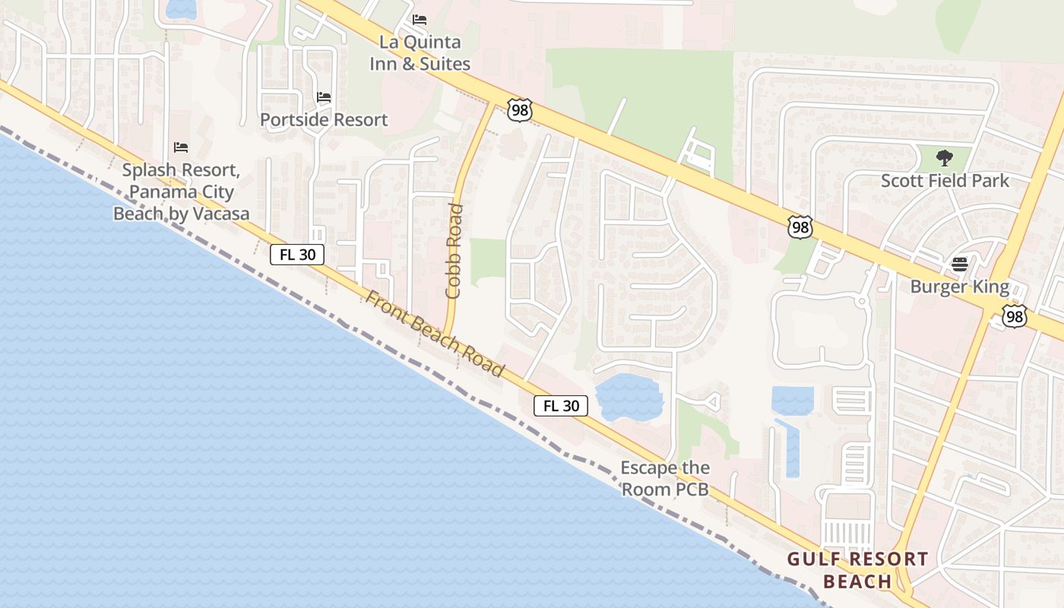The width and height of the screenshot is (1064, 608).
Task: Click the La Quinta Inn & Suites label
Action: coord(420,53)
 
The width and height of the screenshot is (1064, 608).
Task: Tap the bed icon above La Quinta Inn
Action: coord(420,20)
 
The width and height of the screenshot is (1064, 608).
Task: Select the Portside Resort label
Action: coord(324,119)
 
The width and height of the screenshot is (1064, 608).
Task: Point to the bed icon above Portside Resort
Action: coord(324,97)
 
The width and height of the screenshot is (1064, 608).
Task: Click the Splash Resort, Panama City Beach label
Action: coord(181,192)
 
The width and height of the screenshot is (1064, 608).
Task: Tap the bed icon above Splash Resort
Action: coord(181,147)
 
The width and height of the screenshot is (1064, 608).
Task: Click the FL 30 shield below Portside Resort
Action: coord(297,255)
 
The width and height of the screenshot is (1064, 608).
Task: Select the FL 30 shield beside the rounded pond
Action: coord(561,406)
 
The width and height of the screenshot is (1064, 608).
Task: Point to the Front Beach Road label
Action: coord(434,333)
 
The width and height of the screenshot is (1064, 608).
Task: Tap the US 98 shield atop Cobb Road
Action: coord(520,109)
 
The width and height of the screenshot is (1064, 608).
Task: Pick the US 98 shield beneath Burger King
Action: coord(1014,316)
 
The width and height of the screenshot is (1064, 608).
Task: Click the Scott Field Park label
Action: coord(945,181)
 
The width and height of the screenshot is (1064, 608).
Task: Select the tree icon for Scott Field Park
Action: coord(945,158)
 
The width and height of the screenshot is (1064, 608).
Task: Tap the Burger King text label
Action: coord(960,287)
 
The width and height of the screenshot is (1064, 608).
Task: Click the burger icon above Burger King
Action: coord(960,264)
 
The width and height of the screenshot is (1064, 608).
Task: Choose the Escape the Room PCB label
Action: coord(665,479)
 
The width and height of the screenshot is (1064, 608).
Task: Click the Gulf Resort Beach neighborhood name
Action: coord(857,570)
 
